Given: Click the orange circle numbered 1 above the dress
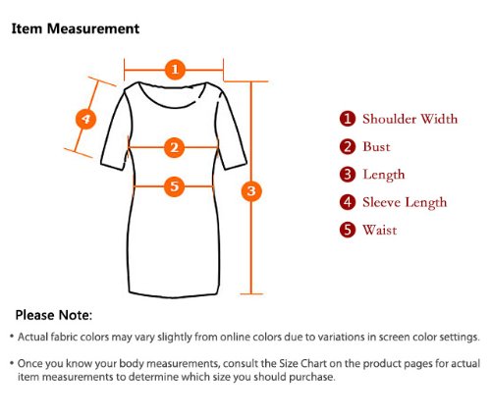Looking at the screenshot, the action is click(175, 70).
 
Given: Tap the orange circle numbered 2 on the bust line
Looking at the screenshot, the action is click(175, 147).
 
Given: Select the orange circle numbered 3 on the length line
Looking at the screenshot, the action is click(251, 190).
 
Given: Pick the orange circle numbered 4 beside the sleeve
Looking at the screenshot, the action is click(85, 119).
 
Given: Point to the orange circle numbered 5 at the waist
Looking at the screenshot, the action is click(175, 186).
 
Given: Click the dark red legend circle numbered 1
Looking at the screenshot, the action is click(348, 119).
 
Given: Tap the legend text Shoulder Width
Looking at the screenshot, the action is click(409, 119).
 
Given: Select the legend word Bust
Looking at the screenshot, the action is click(376, 146).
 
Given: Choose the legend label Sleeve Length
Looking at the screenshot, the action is click(405, 203).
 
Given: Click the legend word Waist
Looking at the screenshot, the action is click(380, 231).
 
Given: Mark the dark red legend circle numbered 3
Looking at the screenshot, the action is click(348, 175).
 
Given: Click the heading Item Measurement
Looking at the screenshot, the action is click(76, 28).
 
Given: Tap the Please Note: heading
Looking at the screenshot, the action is click(54, 315).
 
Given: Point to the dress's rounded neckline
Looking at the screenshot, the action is click(173, 106).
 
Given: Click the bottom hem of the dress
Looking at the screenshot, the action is click(174, 295).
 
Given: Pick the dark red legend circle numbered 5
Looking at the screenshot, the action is click(348, 230).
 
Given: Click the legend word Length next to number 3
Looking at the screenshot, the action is click(384, 175).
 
